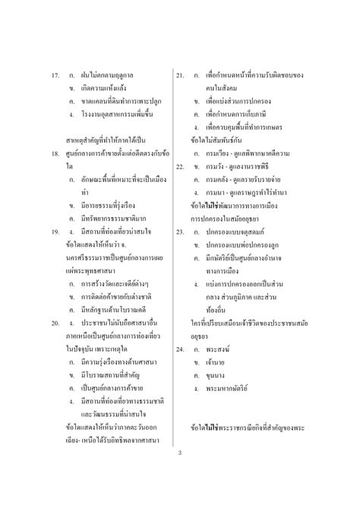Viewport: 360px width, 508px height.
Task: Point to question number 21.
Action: [181, 76]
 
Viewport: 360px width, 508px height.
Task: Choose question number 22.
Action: [181, 165]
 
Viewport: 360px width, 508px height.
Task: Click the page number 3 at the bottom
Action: [180, 453]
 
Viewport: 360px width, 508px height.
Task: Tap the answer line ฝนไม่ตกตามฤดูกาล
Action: [111, 76]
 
